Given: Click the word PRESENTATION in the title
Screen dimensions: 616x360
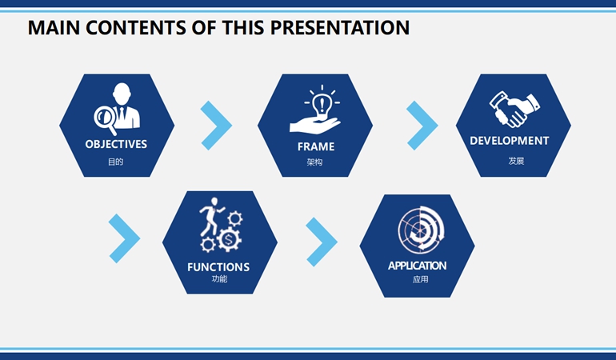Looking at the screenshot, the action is pyautogui.click(x=340, y=27).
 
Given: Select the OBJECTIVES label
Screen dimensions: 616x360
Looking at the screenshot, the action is pyautogui.click(x=116, y=144).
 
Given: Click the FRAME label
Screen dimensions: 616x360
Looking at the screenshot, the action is pyautogui.click(x=316, y=146).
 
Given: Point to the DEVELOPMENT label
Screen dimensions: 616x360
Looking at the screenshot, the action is pyautogui.click(x=510, y=141).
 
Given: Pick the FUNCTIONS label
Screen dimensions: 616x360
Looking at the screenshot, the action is pyautogui.click(x=218, y=267).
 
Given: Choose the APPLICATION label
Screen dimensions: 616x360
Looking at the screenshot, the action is pyautogui.click(x=418, y=266).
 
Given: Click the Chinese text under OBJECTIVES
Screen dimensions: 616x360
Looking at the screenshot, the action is pyautogui.click(x=115, y=162).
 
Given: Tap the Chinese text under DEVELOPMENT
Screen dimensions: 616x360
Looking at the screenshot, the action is pyautogui.click(x=516, y=161).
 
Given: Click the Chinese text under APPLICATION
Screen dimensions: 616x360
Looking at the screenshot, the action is pyautogui.click(x=420, y=279).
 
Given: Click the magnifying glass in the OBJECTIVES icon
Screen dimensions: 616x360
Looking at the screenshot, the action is pyautogui.click(x=106, y=119).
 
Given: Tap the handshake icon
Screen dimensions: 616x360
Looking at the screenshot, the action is pyautogui.click(x=514, y=110).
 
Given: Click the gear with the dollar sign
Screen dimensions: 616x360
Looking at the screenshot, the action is pyautogui.click(x=229, y=239).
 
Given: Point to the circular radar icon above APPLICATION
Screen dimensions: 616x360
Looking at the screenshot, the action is pyautogui.click(x=421, y=230).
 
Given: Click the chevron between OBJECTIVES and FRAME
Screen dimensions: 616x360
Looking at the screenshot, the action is pyautogui.click(x=217, y=126).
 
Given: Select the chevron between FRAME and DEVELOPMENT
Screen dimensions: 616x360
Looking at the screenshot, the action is pyautogui.click(x=422, y=126).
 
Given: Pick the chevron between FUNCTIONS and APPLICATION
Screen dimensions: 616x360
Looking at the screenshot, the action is pyautogui.click(x=322, y=242).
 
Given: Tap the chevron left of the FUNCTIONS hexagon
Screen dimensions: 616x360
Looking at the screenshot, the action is pyautogui.click(x=125, y=238).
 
